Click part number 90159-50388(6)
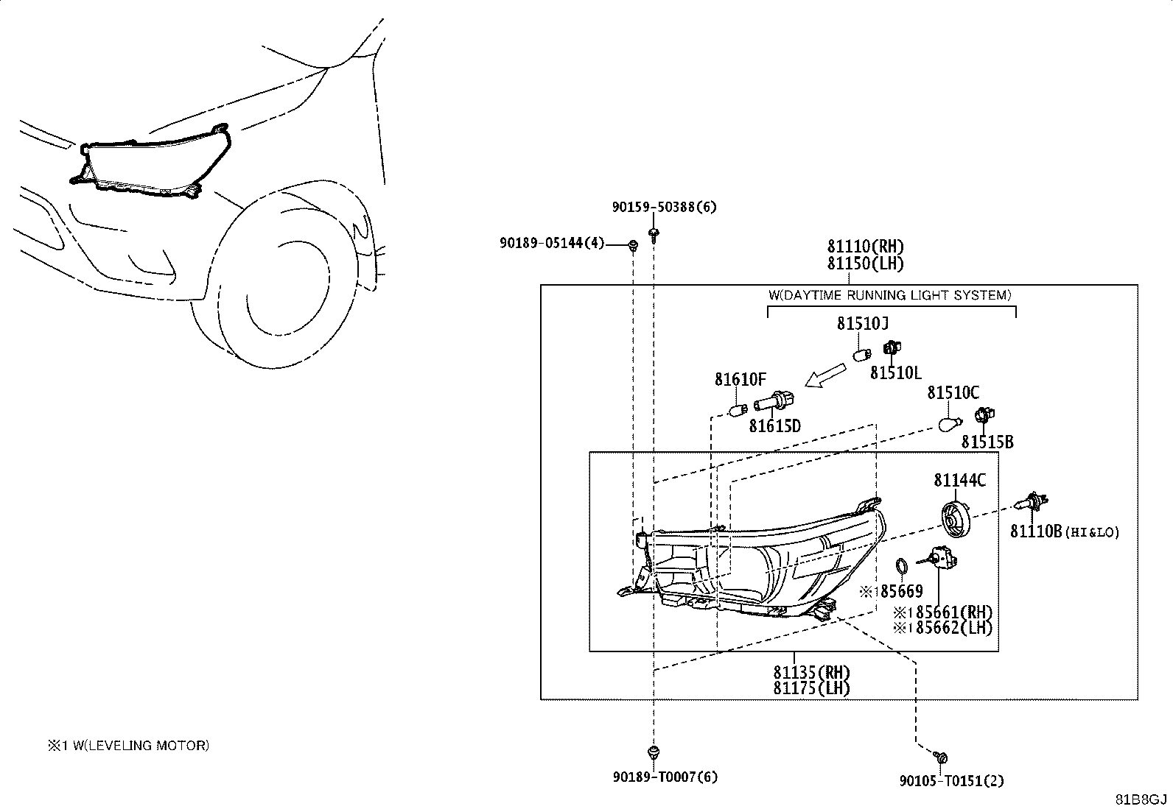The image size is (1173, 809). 664,208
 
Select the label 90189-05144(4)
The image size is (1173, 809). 552,243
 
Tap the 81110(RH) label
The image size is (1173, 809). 866,246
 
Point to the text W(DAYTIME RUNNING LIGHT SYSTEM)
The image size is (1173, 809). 890,295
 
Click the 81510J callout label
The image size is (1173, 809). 863,324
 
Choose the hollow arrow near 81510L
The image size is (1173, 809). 824,375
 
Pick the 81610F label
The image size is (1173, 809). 740,379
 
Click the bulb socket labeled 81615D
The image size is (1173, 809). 774,402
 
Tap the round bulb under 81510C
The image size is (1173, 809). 950,423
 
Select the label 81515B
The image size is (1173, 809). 987,442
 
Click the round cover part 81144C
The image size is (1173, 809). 956,518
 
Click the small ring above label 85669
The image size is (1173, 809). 902,565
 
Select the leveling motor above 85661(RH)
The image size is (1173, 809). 938,558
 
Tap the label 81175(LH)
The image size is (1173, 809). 811,688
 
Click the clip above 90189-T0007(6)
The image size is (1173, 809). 654,753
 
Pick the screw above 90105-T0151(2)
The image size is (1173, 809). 940,757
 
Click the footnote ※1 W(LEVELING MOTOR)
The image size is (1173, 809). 128,745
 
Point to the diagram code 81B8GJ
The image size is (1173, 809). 1141,799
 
